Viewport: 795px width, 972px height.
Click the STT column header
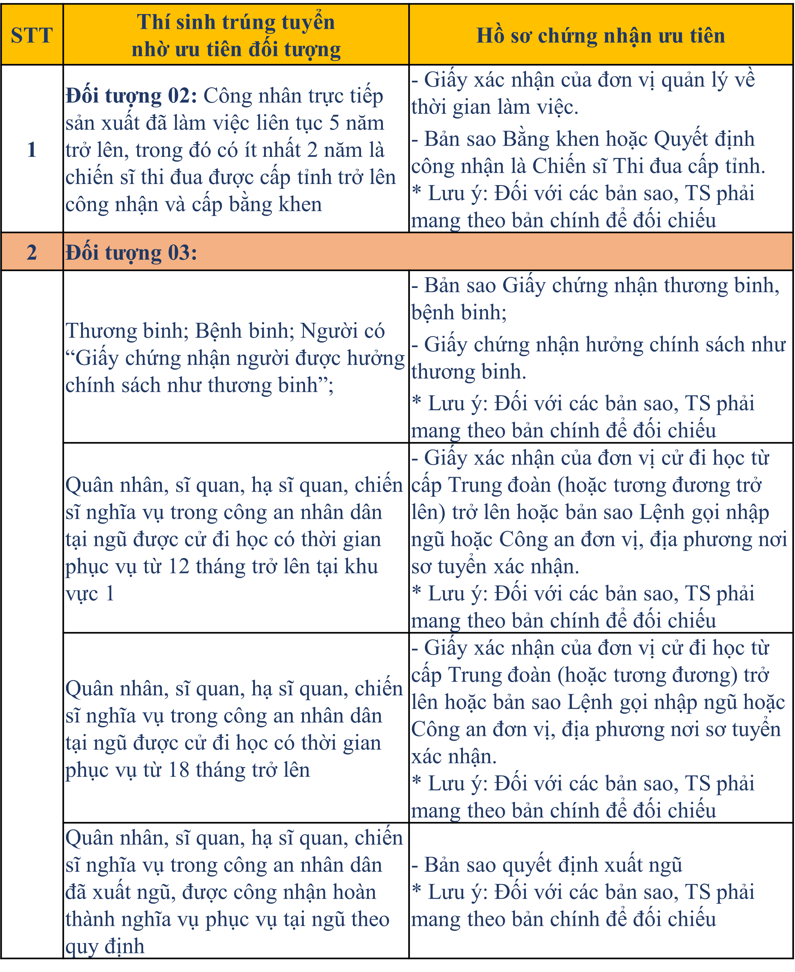[x=32, y=35]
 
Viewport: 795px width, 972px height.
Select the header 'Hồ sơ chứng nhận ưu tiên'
[x=600, y=35]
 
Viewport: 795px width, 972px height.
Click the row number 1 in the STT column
[x=32, y=150]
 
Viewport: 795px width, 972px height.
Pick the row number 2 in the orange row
[x=32, y=252]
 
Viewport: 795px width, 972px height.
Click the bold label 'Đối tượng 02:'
[x=132, y=96]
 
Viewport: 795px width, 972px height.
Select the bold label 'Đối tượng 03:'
[x=132, y=252]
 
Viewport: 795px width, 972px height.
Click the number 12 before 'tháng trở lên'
[x=179, y=566]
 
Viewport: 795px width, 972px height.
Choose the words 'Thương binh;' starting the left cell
[x=127, y=331]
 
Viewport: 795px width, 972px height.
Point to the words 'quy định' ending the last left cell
[x=105, y=946]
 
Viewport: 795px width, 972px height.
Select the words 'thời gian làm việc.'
[x=495, y=107]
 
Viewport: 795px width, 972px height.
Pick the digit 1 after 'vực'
[x=109, y=593]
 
